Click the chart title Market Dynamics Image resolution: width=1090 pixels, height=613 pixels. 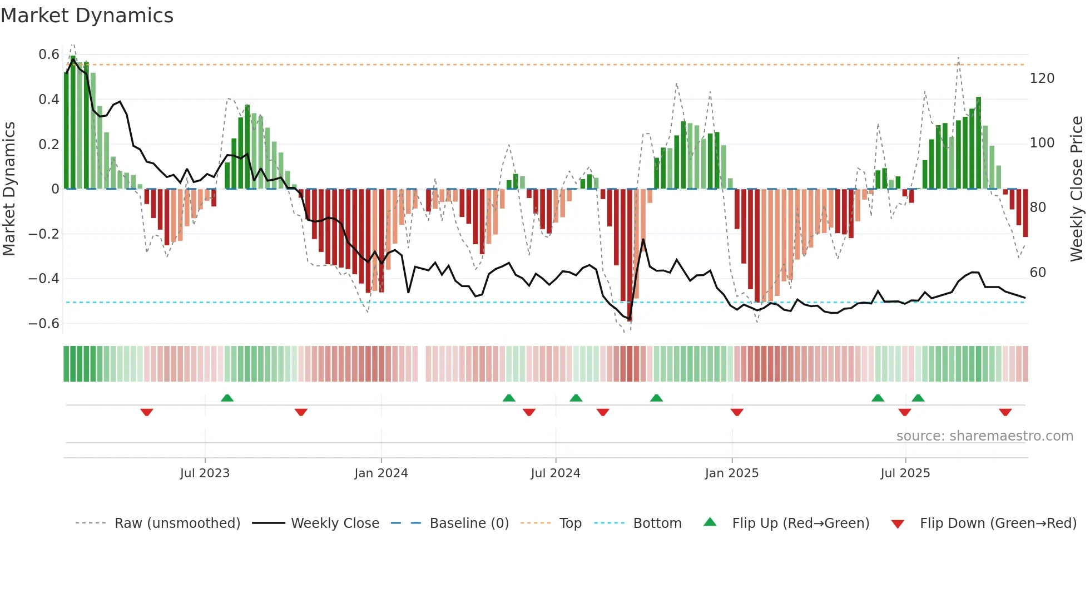point(87,16)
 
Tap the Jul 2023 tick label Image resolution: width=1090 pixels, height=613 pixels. point(205,473)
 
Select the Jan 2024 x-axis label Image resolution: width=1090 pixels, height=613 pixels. point(381,473)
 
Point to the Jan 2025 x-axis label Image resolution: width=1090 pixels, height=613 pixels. point(731,473)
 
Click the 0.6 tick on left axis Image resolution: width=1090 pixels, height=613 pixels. point(49,55)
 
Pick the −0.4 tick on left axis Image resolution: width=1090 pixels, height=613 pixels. point(44,279)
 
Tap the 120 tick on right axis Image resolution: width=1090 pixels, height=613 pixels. point(1042,78)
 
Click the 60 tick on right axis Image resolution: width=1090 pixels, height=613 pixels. point(1038,273)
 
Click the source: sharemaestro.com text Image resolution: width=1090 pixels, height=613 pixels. point(984,436)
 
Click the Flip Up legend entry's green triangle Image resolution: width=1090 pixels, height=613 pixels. point(710,522)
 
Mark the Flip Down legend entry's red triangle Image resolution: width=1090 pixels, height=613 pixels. point(898,524)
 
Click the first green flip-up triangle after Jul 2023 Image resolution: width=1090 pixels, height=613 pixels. point(227,398)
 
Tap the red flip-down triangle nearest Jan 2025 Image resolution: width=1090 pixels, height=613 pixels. point(737,412)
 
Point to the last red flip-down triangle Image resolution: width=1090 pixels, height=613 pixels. point(1005,412)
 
